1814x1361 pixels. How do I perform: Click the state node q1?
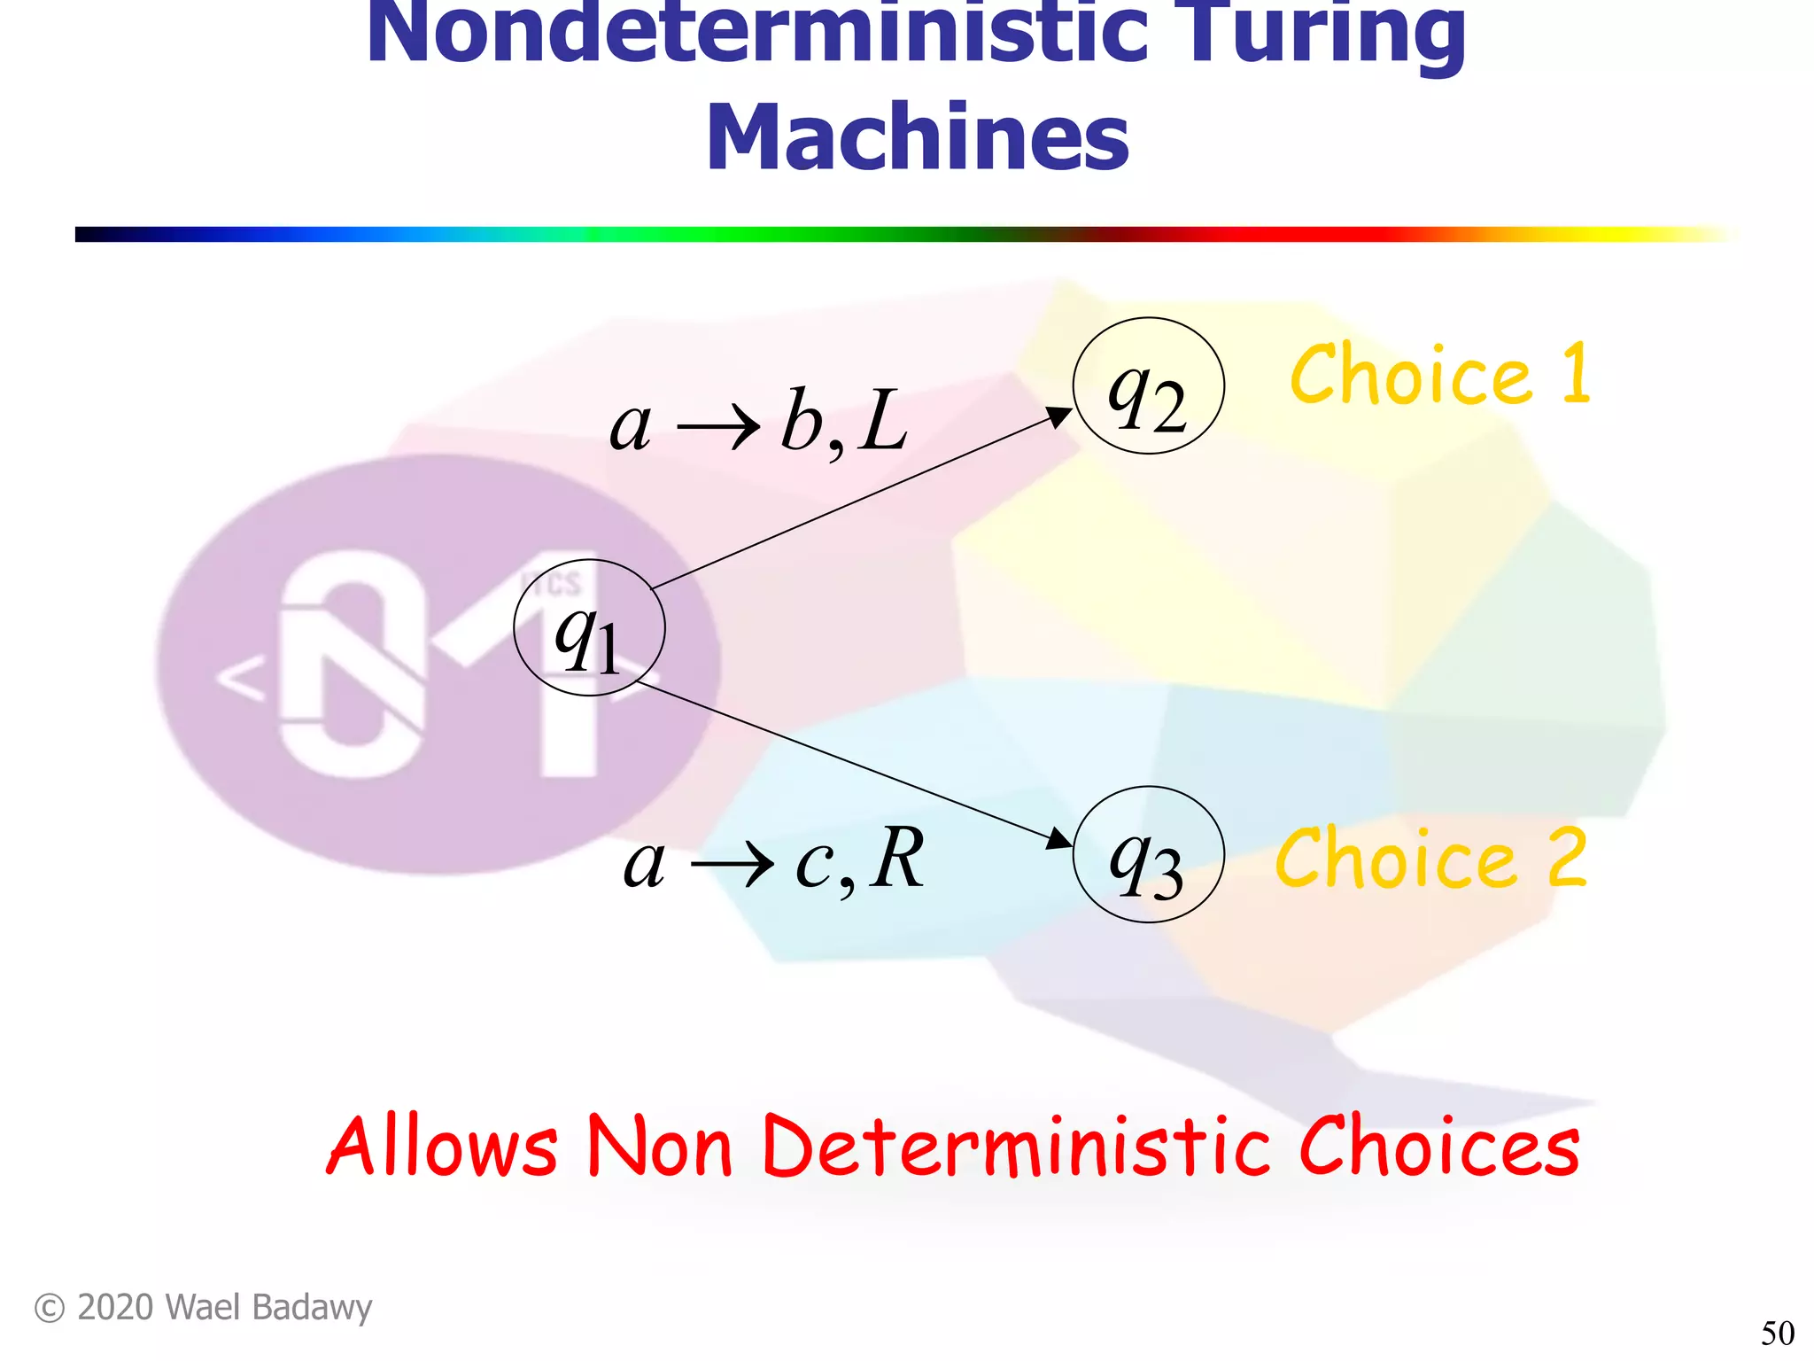(x=589, y=627)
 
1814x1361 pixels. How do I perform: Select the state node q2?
(x=1148, y=386)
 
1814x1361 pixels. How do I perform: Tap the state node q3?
(x=1148, y=854)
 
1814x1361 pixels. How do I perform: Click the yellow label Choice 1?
(x=1440, y=376)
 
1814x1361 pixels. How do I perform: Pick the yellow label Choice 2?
(x=1431, y=858)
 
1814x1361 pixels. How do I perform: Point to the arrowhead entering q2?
(x=1060, y=416)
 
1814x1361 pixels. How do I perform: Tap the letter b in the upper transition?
(x=801, y=420)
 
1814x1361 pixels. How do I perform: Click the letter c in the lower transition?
(x=813, y=863)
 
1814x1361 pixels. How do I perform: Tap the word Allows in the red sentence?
(x=443, y=1147)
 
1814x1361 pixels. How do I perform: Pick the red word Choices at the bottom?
(x=1438, y=1147)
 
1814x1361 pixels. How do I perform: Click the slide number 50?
(x=1777, y=1333)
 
